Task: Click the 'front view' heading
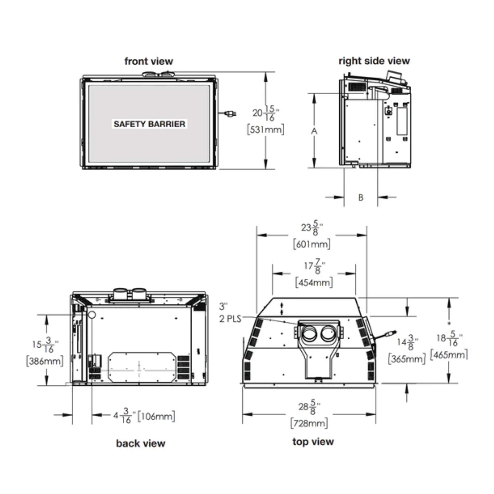(x=149, y=61)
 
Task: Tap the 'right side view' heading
(x=374, y=61)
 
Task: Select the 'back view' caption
(x=141, y=443)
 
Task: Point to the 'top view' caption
(x=313, y=441)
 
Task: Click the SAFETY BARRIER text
(x=149, y=124)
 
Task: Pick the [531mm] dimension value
(x=265, y=129)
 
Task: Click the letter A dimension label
(x=314, y=131)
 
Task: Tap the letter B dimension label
(x=361, y=197)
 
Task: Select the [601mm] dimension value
(x=311, y=244)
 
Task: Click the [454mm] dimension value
(x=314, y=282)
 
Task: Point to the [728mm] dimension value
(x=309, y=423)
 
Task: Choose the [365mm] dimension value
(x=406, y=359)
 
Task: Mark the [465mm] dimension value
(x=449, y=355)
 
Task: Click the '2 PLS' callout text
(x=230, y=319)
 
